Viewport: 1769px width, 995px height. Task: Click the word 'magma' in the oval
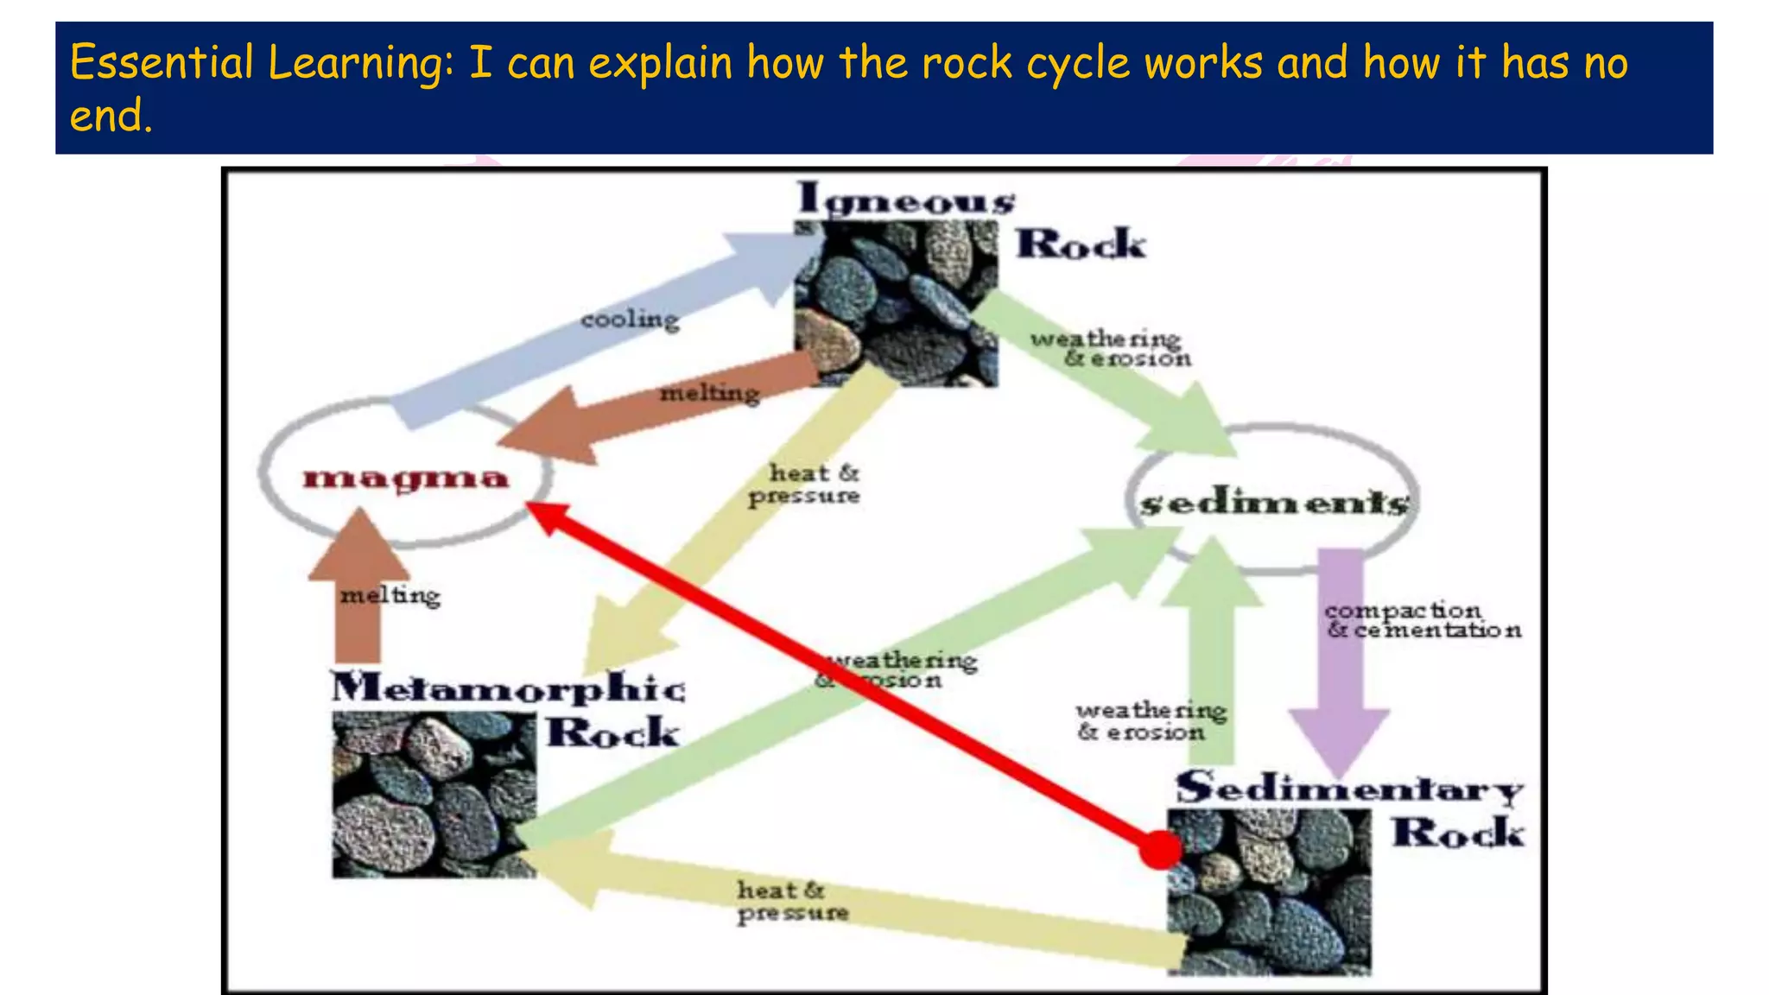tap(405, 478)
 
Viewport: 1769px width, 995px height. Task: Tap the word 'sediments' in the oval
tap(1274, 503)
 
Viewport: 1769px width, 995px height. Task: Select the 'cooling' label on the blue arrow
tap(630, 320)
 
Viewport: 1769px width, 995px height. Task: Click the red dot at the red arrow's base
tap(1160, 849)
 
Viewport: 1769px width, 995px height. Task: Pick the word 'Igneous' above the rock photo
tap(905, 199)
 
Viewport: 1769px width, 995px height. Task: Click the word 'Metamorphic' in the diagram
tap(508, 688)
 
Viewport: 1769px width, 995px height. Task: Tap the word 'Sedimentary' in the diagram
tap(1349, 788)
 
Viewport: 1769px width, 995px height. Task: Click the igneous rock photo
tap(896, 302)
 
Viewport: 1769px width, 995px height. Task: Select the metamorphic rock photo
tap(434, 795)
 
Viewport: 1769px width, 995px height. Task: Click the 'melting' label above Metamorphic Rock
tap(390, 595)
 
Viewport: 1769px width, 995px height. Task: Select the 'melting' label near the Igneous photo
tap(709, 394)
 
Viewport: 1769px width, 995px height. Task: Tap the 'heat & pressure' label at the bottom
tap(792, 901)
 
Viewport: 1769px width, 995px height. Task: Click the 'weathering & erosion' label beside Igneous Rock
tap(1109, 348)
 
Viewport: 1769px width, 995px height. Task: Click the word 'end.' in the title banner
tap(111, 116)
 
